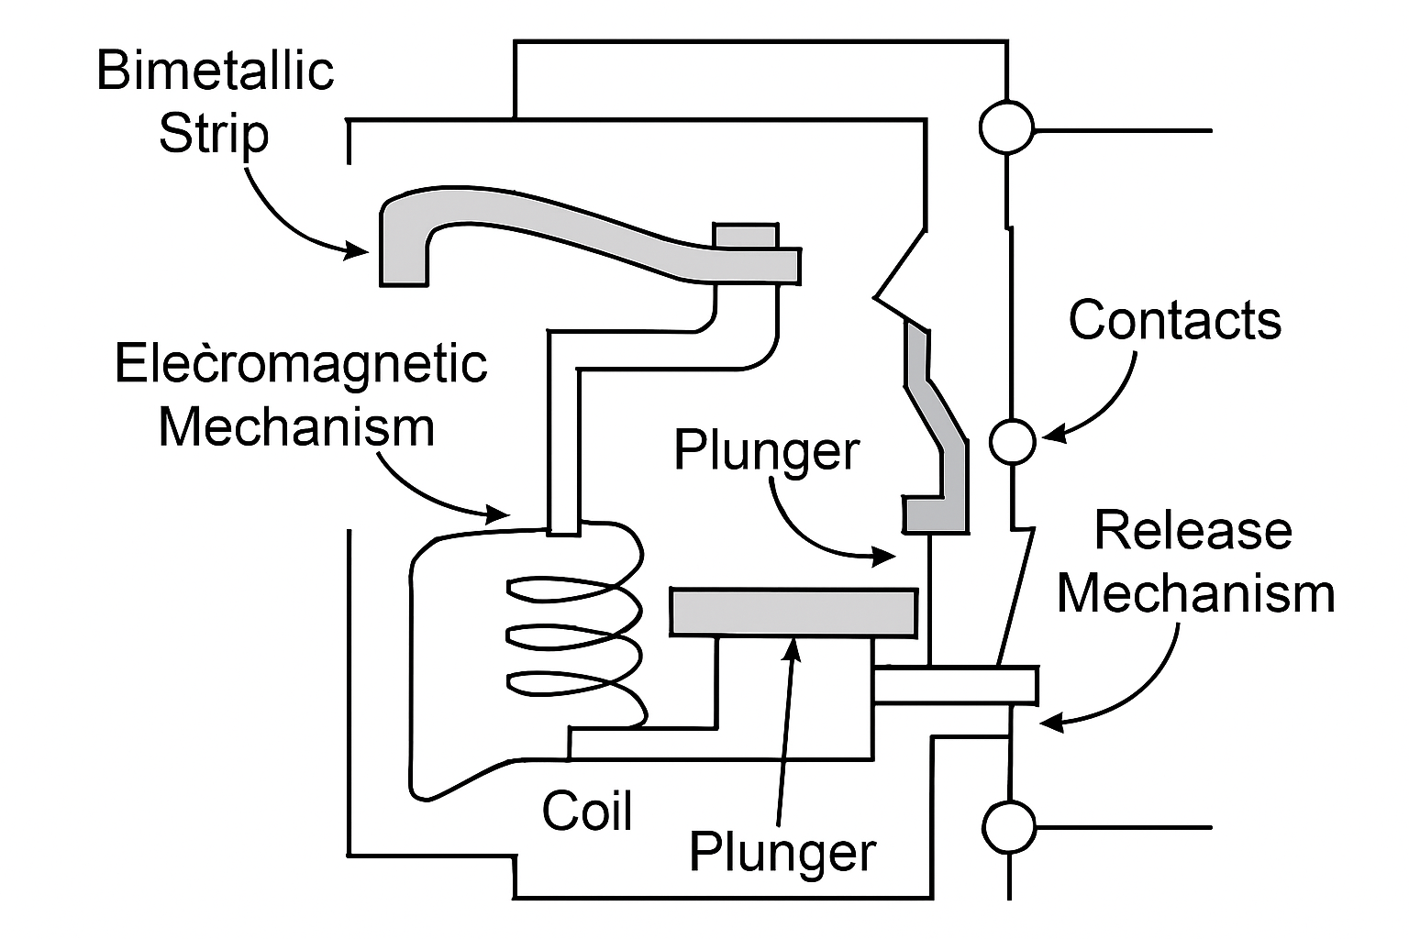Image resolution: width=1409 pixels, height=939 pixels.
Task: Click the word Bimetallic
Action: click(x=215, y=71)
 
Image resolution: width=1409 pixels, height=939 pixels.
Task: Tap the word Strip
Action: click(x=214, y=134)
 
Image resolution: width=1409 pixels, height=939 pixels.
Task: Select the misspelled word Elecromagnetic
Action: click(x=300, y=363)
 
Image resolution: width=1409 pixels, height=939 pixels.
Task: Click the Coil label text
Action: click(x=587, y=811)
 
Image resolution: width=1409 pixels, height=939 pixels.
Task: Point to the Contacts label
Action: click(x=1174, y=320)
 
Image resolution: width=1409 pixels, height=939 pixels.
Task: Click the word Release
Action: click(x=1193, y=531)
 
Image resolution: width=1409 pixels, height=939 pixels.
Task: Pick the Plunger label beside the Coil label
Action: click(x=782, y=852)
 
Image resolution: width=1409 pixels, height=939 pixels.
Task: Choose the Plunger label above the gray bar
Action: click(x=767, y=450)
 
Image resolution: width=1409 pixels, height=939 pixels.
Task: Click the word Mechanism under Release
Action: click(x=1195, y=593)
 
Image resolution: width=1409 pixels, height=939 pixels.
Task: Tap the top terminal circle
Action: click(x=1006, y=127)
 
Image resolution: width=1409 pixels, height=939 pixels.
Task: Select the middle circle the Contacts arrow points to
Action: click(x=1013, y=442)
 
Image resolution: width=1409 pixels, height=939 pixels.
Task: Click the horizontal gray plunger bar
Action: click(x=793, y=612)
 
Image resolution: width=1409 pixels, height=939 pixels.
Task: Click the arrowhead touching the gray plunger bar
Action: click(x=794, y=646)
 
